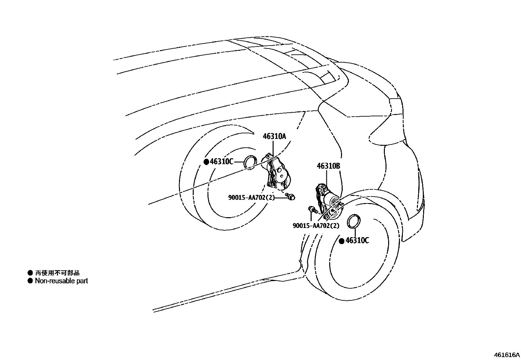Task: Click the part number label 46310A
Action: pyautogui.click(x=274, y=136)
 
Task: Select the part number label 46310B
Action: pyautogui.click(x=328, y=166)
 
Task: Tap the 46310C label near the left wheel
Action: pyautogui.click(x=222, y=161)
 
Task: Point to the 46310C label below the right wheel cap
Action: pyautogui.click(x=357, y=241)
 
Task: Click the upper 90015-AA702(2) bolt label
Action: pyautogui.click(x=251, y=198)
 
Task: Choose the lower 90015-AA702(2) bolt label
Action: pyautogui.click(x=316, y=225)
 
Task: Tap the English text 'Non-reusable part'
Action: pyautogui.click(x=61, y=281)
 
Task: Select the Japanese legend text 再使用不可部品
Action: pyautogui.click(x=57, y=273)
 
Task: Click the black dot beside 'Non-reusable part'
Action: pyautogui.click(x=30, y=281)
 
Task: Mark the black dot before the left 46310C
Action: pyautogui.click(x=206, y=162)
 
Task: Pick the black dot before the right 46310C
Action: pyautogui.click(x=341, y=241)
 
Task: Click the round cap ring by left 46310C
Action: pyautogui.click(x=251, y=162)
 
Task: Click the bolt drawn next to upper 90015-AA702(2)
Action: pyautogui.click(x=290, y=197)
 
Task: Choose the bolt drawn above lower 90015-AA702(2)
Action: pyautogui.click(x=312, y=210)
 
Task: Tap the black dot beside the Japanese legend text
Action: pyautogui.click(x=30, y=273)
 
